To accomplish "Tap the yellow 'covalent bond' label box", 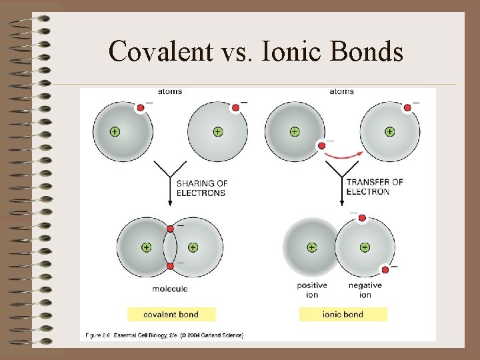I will (x=171, y=314).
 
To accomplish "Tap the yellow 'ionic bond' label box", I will (x=343, y=314).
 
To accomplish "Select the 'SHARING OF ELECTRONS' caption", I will (x=201, y=188).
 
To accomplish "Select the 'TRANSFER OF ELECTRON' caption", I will (x=374, y=187).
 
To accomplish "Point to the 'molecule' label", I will (x=170, y=289).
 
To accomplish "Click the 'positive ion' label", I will (x=312, y=290).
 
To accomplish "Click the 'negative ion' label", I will (x=365, y=290).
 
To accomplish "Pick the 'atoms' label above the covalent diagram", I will (x=170, y=91).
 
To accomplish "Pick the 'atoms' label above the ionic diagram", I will (x=341, y=91).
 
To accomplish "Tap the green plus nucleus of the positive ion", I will (x=311, y=247).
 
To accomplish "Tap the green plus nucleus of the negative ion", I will (x=365, y=247).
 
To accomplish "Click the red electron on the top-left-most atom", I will (x=140, y=107).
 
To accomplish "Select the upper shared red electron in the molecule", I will (x=170, y=229).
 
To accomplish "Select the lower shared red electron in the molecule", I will (x=170, y=266).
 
